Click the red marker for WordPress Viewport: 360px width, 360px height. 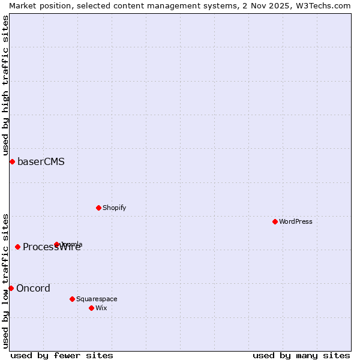(x=275, y=221)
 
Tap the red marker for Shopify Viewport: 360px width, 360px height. (x=98, y=208)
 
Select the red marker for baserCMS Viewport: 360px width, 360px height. (x=12, y=161)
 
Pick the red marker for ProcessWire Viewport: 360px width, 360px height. (x=17, y=247)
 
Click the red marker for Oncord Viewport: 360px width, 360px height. (x=11, y=288)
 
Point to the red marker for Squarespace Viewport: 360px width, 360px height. (x=72, y=299)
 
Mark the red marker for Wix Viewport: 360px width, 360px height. (x=91, y=308)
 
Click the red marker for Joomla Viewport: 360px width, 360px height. (x=56, y=244)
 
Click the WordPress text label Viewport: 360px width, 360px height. (x=296, y=221)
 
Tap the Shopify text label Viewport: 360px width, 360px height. (x=114, y=208)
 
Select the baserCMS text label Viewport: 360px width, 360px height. (x=41, y=161)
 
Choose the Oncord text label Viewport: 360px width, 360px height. (x=33, y=288)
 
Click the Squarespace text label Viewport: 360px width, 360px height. (x=97, y=299)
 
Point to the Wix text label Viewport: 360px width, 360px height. (x=101, y=308)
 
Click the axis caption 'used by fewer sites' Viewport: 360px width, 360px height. (x=62, y=355)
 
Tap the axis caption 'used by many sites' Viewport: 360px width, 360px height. (x=301, y=355)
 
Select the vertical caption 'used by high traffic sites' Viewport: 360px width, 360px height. (x=5, y=86)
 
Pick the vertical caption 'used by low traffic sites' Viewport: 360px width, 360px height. (x=5, y=281)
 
